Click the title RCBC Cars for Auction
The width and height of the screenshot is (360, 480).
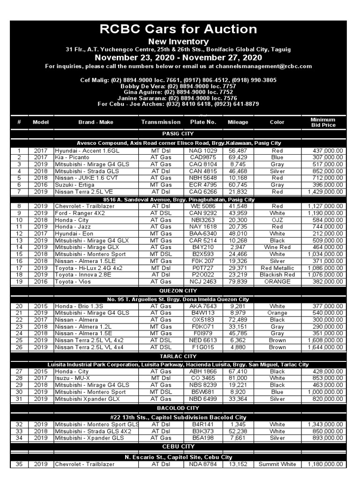tap(178, 30)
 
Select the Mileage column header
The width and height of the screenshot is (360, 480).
tap(238, 122)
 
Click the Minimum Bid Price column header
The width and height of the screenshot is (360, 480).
tap(323, 122)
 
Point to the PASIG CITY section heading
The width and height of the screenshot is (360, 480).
tap(178, 134)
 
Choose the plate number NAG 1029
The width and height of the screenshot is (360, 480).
tap(203, 151)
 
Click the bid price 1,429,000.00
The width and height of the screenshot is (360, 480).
tap(325, 192)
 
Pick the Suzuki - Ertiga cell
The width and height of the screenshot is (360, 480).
tap(72, 185)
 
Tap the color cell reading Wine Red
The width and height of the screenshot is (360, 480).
tap(277, 247)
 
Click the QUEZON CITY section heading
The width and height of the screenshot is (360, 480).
tap(178, 291)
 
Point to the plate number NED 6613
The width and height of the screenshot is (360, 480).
tap(203, 341)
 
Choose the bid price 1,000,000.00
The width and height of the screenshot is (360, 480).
tap(325, 392)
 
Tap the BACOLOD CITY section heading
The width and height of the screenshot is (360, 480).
tap(178, 408)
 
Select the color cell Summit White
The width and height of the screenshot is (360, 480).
tap(277, 464)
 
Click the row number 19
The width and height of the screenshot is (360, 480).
tap(19, 282)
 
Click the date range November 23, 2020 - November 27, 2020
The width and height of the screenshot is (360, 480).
tap(178, 58)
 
